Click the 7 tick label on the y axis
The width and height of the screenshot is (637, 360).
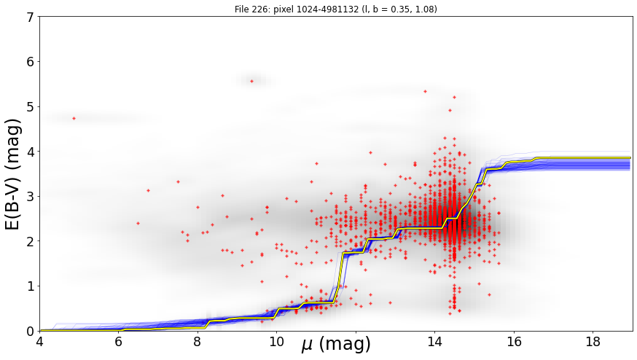[30, 17]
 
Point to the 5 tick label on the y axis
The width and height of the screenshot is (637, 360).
[30, 107]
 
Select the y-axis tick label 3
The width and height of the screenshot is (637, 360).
[30, 197]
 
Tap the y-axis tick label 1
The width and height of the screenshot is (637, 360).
[30, 286]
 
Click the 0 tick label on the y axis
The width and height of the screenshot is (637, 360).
[30, 332]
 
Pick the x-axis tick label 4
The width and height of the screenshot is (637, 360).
[40, 342]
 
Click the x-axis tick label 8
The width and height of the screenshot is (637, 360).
[198, 342]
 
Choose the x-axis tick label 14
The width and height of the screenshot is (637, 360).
[434, 342]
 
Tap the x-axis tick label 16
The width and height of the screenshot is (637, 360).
[514, 342]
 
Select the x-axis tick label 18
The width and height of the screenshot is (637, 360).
[593, 342]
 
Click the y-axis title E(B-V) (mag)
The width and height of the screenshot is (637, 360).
[13, 174]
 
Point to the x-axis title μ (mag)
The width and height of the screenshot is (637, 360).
[336, 345]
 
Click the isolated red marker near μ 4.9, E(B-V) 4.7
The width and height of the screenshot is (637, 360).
[74, 118]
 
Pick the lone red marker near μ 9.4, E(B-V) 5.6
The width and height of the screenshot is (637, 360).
[252, 82]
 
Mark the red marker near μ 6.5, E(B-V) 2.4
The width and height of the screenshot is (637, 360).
[138, 223]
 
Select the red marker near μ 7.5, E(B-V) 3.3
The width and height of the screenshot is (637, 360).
[178, 181]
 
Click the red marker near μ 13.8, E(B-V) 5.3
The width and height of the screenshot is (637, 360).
[426, 91]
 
